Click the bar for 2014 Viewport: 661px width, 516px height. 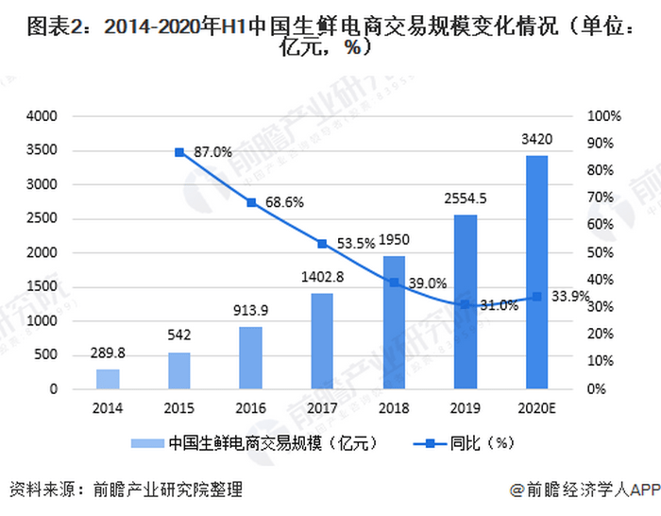[108, 378]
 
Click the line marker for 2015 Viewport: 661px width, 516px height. [179, 151]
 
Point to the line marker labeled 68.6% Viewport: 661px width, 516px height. [251, 202]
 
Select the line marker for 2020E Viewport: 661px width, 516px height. [536, 297]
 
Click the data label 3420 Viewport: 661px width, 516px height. [536, 140]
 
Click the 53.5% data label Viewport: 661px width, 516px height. [356, 244]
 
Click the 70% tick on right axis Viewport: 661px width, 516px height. [603, 198]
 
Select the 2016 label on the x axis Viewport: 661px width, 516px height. [251, 408]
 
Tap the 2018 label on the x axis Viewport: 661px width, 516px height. [394, 408]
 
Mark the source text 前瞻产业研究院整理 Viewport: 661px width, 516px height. [167, 490]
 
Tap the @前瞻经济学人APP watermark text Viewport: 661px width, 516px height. [583, 490]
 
